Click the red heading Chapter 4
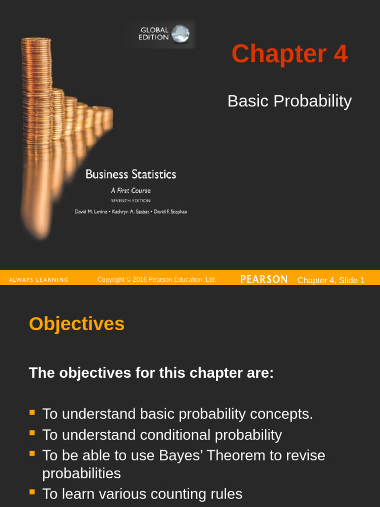click(289, 54)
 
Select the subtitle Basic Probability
click(289, 101)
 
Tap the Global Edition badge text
click(154, 34)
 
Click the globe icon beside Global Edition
click(181, 34)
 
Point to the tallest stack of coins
click(36, 89)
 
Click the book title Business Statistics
click(131, 174)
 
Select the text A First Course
click(131, 191)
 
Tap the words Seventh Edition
click(131, 201)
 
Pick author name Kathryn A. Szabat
click(129, 212)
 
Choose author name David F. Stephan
click(169, 212)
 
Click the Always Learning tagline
click(39, 280)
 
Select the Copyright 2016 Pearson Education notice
click(157, 280)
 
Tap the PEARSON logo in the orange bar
click(264, 279)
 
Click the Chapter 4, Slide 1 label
click(331, 280)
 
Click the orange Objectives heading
click(77, 324)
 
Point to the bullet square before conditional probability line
click(32, 433)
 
